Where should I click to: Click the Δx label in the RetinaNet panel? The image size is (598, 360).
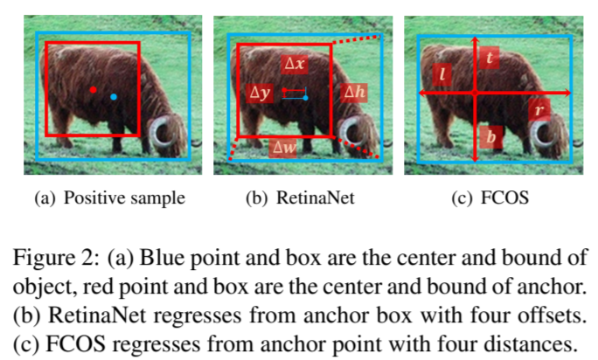click(294, 64)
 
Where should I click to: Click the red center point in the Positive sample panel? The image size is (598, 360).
click(93, 89)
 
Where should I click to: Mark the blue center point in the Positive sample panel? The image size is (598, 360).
click(114, 97)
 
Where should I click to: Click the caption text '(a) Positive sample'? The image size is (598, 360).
click(110, 198)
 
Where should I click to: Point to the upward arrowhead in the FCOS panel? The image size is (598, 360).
click(474, 40)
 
